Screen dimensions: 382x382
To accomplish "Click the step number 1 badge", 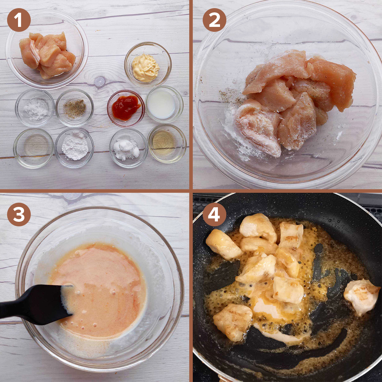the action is (x=19, y=20).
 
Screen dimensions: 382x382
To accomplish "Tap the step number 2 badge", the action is (x=214, y=20).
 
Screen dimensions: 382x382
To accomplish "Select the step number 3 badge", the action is (x=19, y=214).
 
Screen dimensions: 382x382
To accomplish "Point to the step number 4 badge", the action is (x=214, y=214).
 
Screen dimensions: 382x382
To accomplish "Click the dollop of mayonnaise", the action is (x=145, y=68).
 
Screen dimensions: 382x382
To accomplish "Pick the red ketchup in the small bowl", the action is (x=126, y=108).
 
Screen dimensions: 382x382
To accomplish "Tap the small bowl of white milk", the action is (x=164, y=104).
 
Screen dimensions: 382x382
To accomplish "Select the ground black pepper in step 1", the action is (x=75, y=109).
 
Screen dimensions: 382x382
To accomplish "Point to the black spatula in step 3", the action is (x=36, y=304).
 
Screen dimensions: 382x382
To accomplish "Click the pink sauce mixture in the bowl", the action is (x=98, y=290).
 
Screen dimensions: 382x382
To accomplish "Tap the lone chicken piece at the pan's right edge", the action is (x=361, y=296).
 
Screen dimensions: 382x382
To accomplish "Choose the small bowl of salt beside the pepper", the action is (x=35, y=108).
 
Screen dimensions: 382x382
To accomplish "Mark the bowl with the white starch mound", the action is (x=74, y=148).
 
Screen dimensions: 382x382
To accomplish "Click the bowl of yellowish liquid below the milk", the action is (x=167, y=144).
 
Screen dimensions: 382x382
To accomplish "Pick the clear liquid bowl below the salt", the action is (x=33, y=148).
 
